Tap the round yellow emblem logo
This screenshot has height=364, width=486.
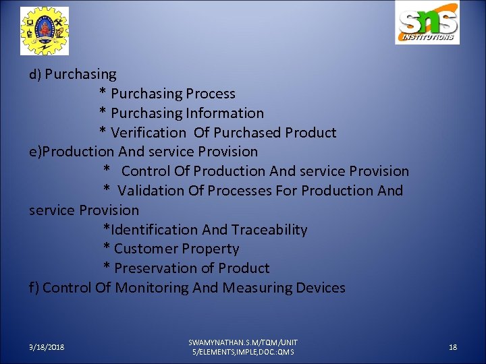(45, 30)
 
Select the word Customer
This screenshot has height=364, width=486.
(143, 249)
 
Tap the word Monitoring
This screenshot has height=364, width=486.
(152, 288)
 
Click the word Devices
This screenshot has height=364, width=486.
(324, 288)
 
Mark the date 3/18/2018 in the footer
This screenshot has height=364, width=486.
(47, 347)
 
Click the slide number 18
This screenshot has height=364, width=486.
(453, 347)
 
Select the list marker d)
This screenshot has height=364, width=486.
(35, 74)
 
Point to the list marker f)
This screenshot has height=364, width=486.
(34, 288)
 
